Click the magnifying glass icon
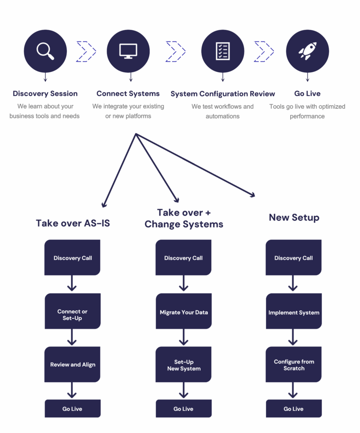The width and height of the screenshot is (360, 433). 45,51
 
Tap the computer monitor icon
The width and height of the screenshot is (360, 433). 128,51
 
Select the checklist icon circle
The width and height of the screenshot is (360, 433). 223,51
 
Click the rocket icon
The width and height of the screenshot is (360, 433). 308,51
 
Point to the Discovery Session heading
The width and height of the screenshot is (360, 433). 45,93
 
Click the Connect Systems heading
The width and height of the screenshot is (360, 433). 128,93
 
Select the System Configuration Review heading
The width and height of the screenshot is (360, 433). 223,93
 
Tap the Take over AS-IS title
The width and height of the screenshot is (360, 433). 73,223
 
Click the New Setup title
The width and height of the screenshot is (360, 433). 294,217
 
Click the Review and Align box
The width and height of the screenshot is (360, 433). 72,364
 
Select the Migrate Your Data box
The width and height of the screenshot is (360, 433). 184,312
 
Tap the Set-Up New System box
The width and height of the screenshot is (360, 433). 184,365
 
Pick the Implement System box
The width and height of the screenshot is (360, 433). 294,312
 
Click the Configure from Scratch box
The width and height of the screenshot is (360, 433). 294,365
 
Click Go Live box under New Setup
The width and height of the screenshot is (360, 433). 294,409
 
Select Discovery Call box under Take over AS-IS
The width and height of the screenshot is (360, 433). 72,258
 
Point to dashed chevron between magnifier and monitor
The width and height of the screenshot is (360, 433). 87,51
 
